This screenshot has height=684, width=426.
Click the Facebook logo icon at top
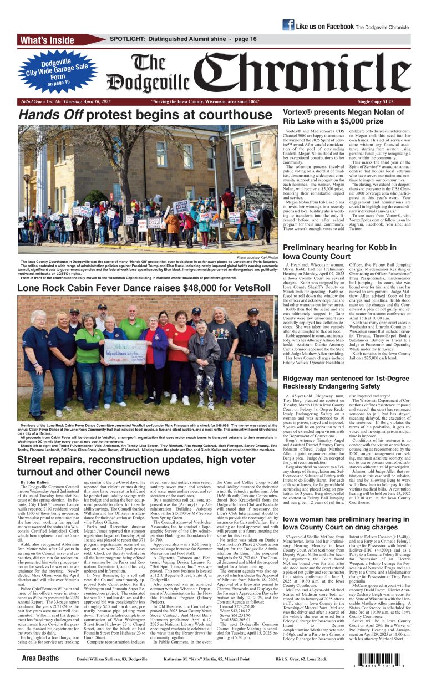pos(288,25)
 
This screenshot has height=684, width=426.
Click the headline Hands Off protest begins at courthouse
pos(143,115)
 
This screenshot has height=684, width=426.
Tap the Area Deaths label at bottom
pos(40,659)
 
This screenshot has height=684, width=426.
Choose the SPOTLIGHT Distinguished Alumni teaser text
pos(183,39)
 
